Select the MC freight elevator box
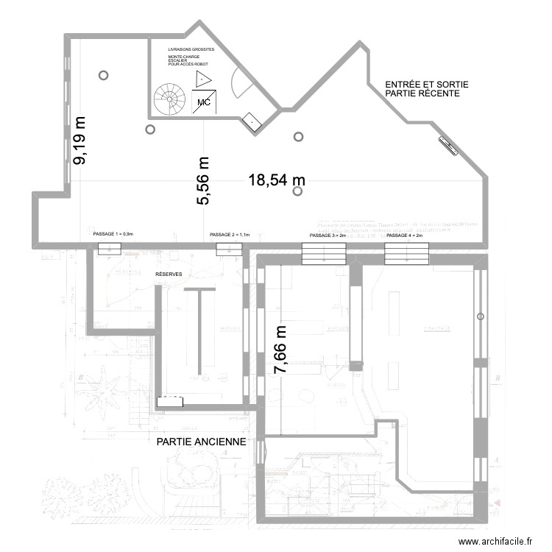coord(204,102)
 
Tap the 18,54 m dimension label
coord(277,179)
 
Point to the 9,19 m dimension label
coord(79,140)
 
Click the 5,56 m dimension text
coord(204,181)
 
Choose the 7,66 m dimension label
coord(280,350)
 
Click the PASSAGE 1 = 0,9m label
coord(113,235)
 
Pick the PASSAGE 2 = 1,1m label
coord(230,235)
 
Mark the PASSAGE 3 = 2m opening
coord(324,254)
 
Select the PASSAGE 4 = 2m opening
coord(406,254)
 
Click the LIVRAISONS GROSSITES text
coord(191,49)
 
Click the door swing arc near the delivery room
coord(241,83)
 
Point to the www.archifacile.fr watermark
coord(495,541)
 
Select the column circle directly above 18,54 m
coord(298,136)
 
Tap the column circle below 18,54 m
coord(297,191)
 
